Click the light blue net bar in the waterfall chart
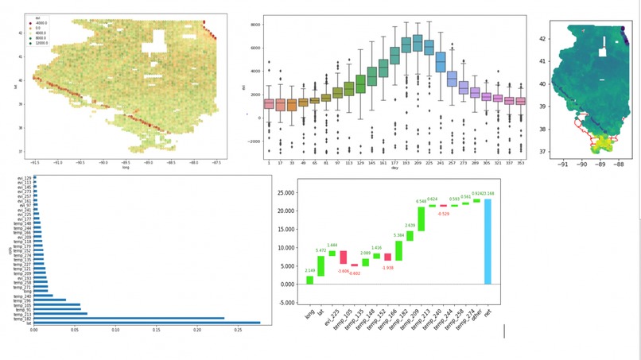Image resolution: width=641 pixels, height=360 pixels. click(488, 242)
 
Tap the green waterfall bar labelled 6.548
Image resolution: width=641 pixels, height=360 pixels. click(421, 219)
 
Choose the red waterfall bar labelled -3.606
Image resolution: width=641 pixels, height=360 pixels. click(344, 257)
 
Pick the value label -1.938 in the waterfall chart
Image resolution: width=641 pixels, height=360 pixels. click(388, 267)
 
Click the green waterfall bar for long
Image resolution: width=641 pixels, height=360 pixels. click(309, 280)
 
